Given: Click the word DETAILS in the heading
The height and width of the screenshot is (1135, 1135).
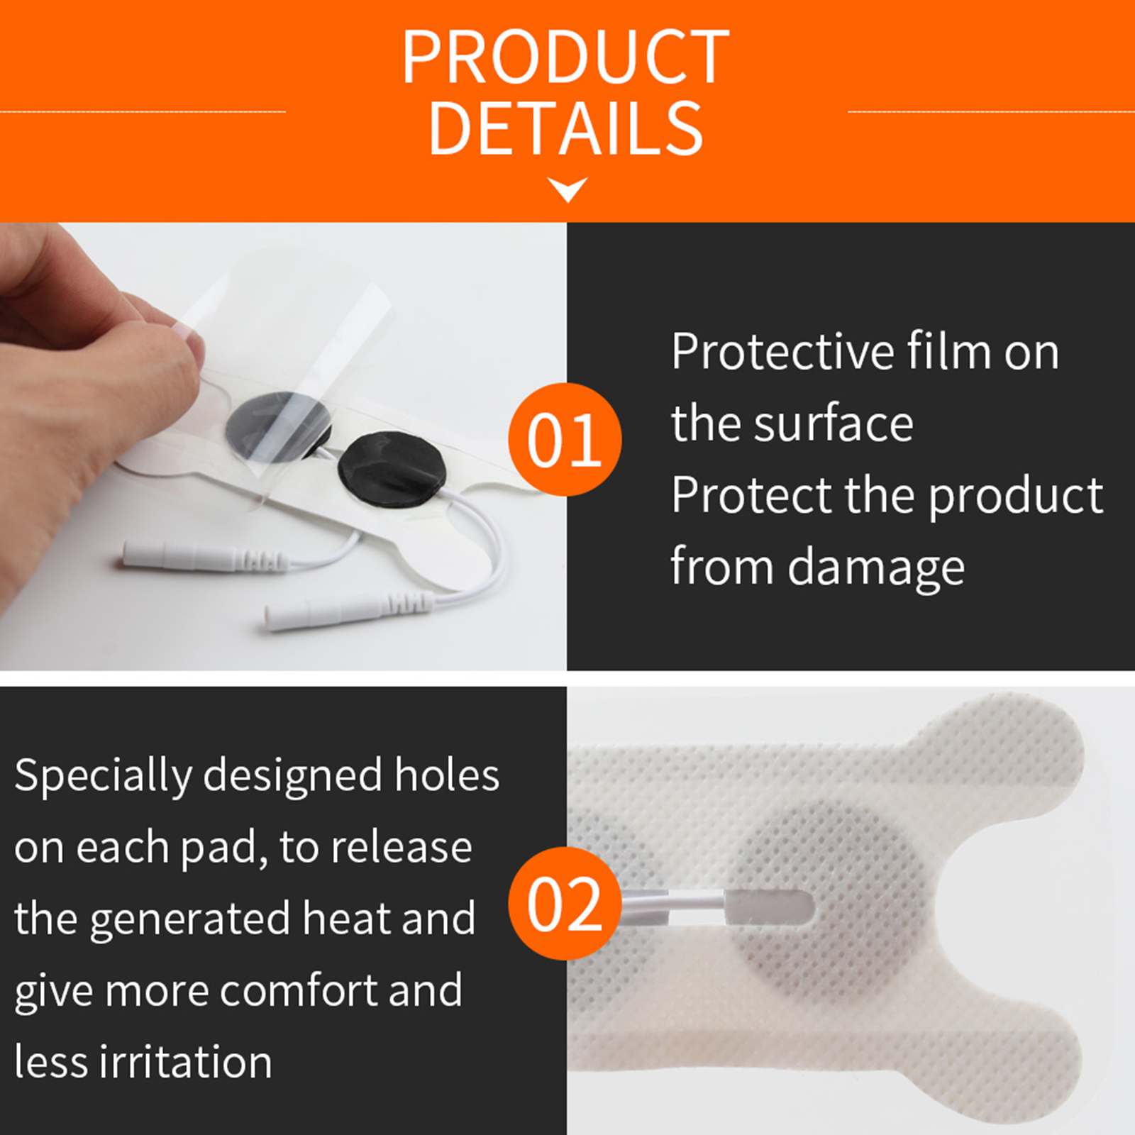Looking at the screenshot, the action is click(x=566, y=128).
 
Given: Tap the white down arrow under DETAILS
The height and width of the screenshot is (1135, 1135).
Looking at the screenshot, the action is click(x=567, y=189).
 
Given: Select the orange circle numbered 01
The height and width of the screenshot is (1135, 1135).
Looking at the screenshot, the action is click(x=565, y=439).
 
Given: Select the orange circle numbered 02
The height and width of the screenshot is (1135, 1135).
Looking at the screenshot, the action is click(x=565, y=903).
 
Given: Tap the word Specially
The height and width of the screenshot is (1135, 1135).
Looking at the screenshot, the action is click(x=103, y=776).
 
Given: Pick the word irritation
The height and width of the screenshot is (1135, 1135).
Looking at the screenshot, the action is click(x=186, y=1062).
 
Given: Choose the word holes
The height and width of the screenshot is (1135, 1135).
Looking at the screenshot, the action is click(x=447, y=775).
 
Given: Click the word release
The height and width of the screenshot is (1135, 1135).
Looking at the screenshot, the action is click(x=402, y=847).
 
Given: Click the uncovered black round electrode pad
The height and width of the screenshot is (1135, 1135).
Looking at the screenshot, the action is click(x=392, y=470).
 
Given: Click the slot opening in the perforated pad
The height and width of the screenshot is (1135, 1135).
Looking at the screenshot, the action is click(x=770, y=907).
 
